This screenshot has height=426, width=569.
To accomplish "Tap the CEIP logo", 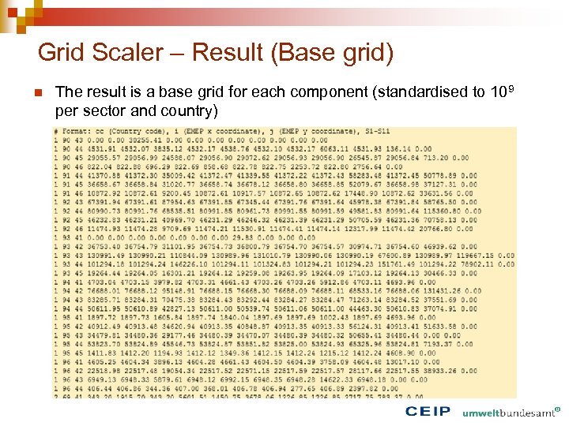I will coord(428,411).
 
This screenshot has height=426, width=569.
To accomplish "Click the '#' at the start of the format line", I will coord(56,131).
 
